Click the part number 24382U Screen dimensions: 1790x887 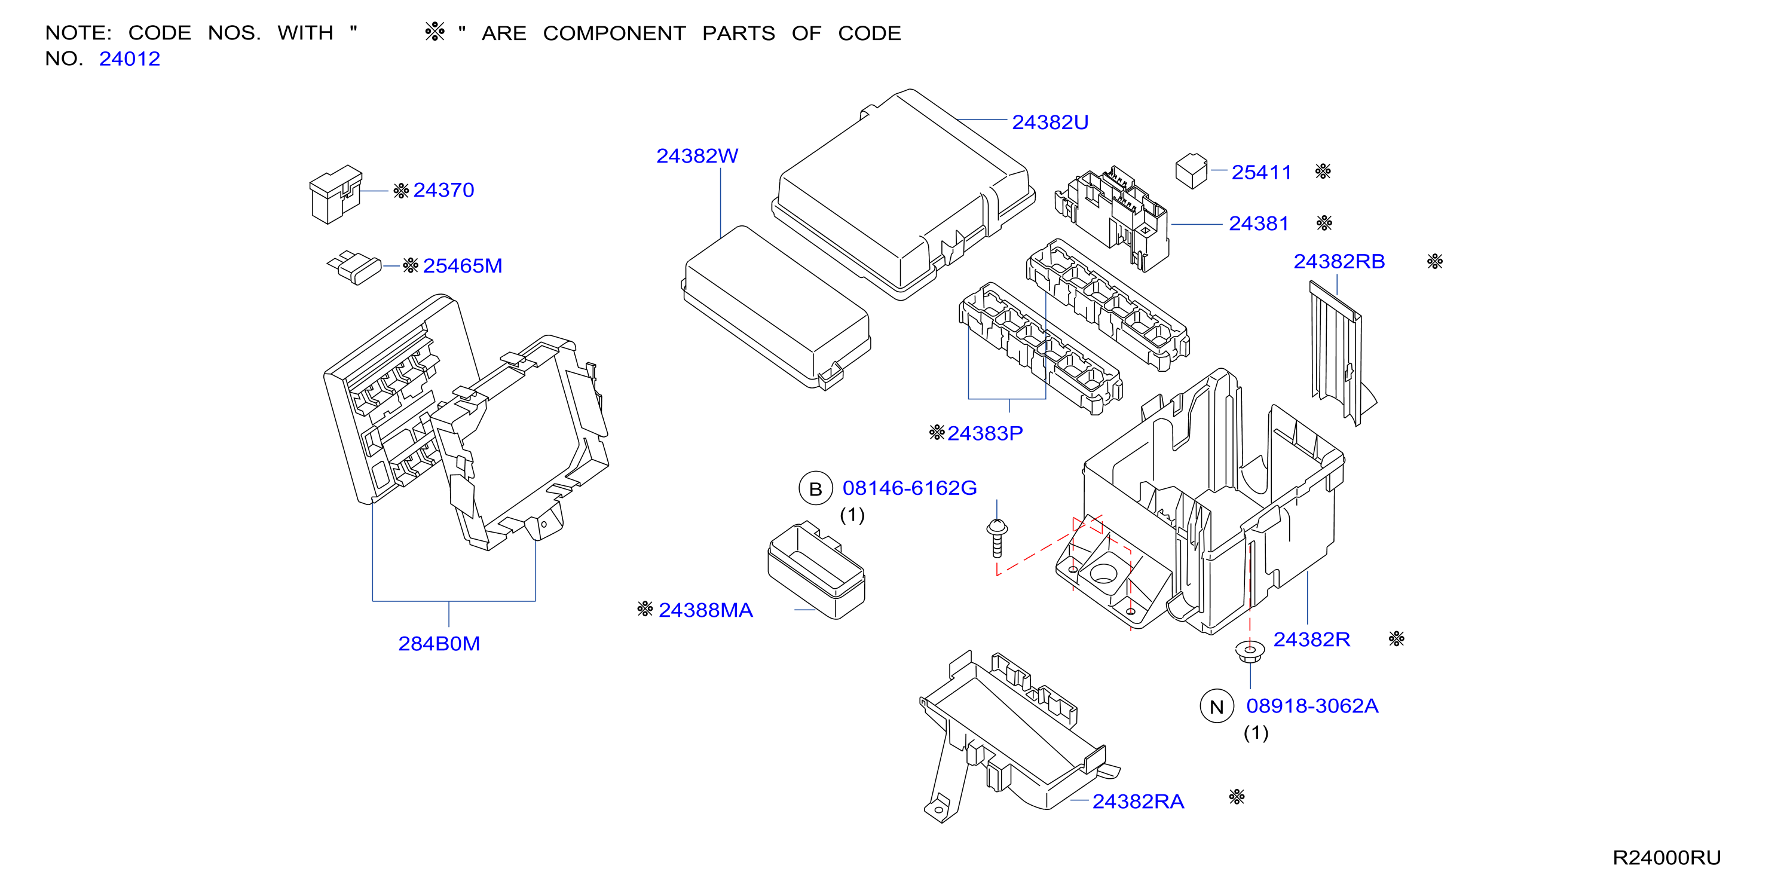1049,123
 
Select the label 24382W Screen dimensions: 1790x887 697,156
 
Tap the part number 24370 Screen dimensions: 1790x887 443,190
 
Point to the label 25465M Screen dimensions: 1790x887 462,265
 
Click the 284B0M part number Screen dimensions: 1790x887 439,644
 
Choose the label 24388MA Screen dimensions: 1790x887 705,610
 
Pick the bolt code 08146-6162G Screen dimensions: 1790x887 910,488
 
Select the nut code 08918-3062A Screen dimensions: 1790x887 1312,706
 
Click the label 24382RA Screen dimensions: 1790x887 1138,802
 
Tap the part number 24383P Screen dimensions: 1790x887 984,434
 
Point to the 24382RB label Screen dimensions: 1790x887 1339,261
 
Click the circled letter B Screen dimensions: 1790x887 816,490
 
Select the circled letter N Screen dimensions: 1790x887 1217,707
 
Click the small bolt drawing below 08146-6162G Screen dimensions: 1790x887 997,538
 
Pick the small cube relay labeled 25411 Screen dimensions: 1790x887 1191,171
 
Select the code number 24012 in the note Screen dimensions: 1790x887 129,59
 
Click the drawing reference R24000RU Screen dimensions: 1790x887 1666,858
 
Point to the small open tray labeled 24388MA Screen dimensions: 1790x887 816,570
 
